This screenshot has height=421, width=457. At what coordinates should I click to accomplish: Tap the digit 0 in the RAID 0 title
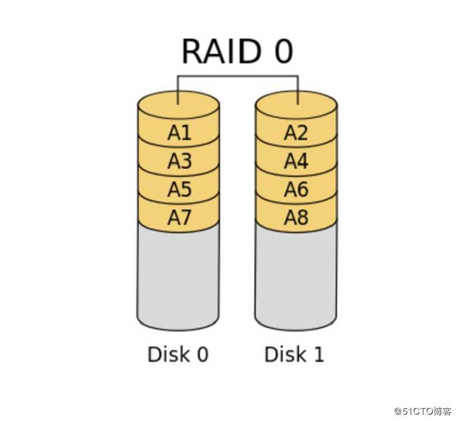283,52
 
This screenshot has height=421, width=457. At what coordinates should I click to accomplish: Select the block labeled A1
179,133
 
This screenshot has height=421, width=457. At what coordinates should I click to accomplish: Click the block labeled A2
296,133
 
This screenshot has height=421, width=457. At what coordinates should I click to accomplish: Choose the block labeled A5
179,189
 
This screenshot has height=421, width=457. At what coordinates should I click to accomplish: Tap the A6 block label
296,189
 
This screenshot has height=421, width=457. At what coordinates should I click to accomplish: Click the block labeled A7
179,217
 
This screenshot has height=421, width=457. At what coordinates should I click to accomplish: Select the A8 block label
296,217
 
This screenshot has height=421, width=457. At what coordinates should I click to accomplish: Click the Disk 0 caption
178,354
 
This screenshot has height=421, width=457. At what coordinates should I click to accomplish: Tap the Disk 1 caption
294,354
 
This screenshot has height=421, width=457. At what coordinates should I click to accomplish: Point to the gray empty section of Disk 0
178,275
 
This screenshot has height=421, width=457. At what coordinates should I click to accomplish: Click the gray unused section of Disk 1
296,275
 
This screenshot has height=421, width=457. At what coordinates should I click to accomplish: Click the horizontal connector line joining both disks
238,76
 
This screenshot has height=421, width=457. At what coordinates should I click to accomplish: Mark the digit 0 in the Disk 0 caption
202,354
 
